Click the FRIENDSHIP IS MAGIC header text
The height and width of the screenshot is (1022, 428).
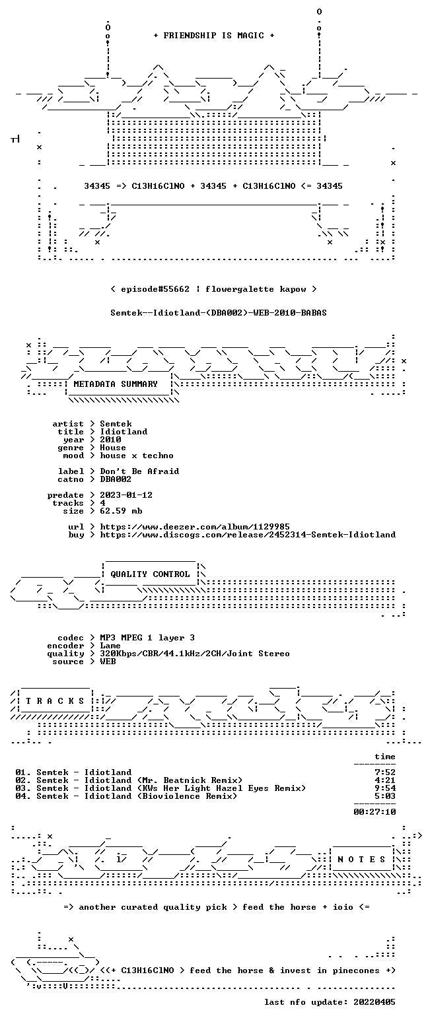coord(213,36)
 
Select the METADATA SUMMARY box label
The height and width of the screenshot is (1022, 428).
coord(116,384)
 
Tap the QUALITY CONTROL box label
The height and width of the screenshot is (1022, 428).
coord(150,574)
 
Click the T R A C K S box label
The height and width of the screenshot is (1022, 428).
coord(55,700)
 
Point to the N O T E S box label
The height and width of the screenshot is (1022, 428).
coord(361,859)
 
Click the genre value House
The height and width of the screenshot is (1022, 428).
coord(113,448)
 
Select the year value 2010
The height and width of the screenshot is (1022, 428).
coord(110,440)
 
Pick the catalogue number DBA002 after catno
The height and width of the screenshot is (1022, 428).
coord(116,479)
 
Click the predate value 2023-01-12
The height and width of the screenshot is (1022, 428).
coord(126,495)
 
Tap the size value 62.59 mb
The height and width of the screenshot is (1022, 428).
coord(121,511)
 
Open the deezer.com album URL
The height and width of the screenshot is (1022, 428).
coord(195,527)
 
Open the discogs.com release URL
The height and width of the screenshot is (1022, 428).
coord(248,535)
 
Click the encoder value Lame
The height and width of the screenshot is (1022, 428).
coord(110,646)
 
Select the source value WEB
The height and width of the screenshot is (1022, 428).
coord(108,662)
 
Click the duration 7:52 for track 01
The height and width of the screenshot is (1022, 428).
coord(385,772)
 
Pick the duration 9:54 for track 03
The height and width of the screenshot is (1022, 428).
coord(385,788)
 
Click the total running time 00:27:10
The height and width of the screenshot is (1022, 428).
coord(374,811)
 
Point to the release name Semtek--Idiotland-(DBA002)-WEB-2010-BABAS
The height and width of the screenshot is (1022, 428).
coord(219,313)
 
